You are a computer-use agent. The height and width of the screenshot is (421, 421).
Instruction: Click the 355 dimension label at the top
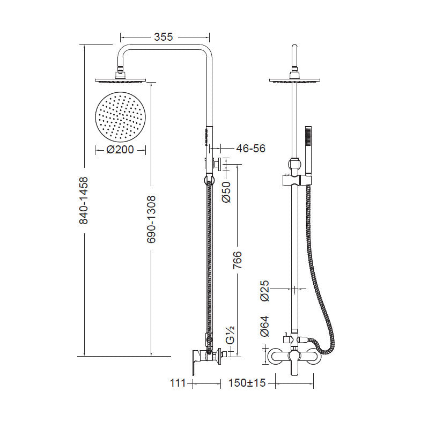164,37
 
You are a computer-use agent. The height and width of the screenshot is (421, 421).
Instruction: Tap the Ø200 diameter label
120,150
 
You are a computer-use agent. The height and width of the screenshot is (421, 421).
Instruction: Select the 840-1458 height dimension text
84,200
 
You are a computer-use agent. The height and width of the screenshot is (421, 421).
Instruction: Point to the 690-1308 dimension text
151,219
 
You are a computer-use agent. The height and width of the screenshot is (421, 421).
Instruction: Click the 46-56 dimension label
251,148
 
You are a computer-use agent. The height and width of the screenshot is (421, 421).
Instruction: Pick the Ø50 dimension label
226,192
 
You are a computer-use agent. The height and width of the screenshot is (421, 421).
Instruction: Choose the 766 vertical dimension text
238,260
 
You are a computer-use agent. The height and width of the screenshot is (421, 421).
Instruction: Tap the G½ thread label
230,335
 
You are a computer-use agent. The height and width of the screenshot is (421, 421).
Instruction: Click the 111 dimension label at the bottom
178,383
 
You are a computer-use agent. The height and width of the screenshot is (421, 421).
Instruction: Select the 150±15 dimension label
247,383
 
